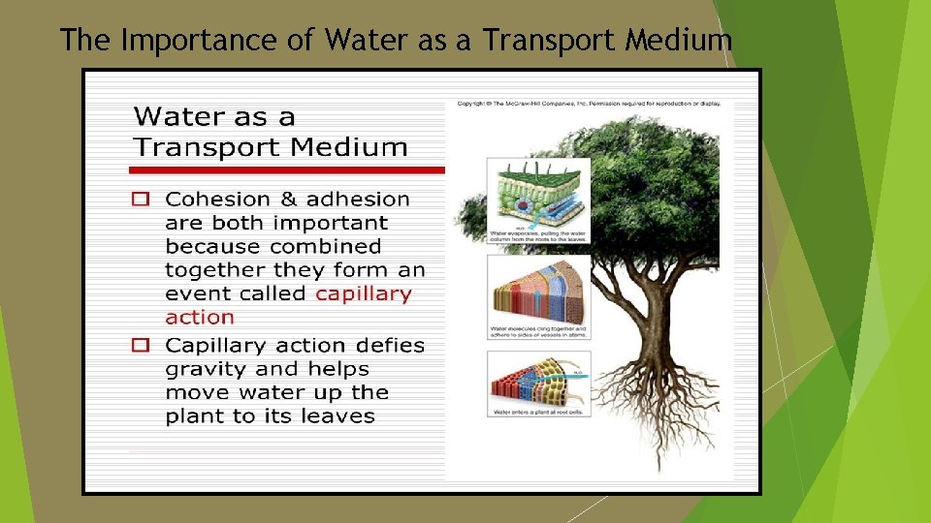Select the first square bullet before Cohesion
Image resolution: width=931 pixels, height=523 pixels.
(x=142, y=200)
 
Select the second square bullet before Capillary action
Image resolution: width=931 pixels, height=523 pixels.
(x=142, y=345)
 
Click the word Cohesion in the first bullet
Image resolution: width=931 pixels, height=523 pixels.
(x=219, y=200)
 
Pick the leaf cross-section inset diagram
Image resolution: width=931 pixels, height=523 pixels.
(x=538, y=194)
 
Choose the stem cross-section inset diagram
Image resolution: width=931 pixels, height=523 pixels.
(x=538, y=289)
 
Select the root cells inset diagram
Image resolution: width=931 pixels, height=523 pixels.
(x=538, y=380)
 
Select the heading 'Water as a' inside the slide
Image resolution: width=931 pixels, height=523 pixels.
(x=214, y=117)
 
